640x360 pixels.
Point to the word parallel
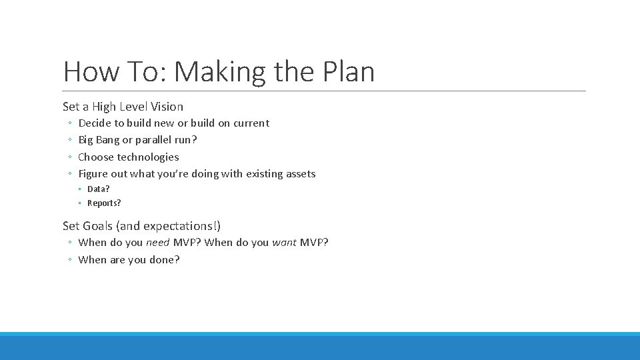coord(153,140)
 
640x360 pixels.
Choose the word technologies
coord(148,157)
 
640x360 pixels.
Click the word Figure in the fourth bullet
coord(93,174)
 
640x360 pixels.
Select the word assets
coord(301,174)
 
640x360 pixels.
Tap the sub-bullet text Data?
coord(99,189)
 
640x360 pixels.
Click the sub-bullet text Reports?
coord(104,203)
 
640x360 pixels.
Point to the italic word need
coord(158,243)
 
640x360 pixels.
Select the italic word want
coord(284,243)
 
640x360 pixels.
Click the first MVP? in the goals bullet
coord(187,243)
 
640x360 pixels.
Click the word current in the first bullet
coord(251,123)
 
